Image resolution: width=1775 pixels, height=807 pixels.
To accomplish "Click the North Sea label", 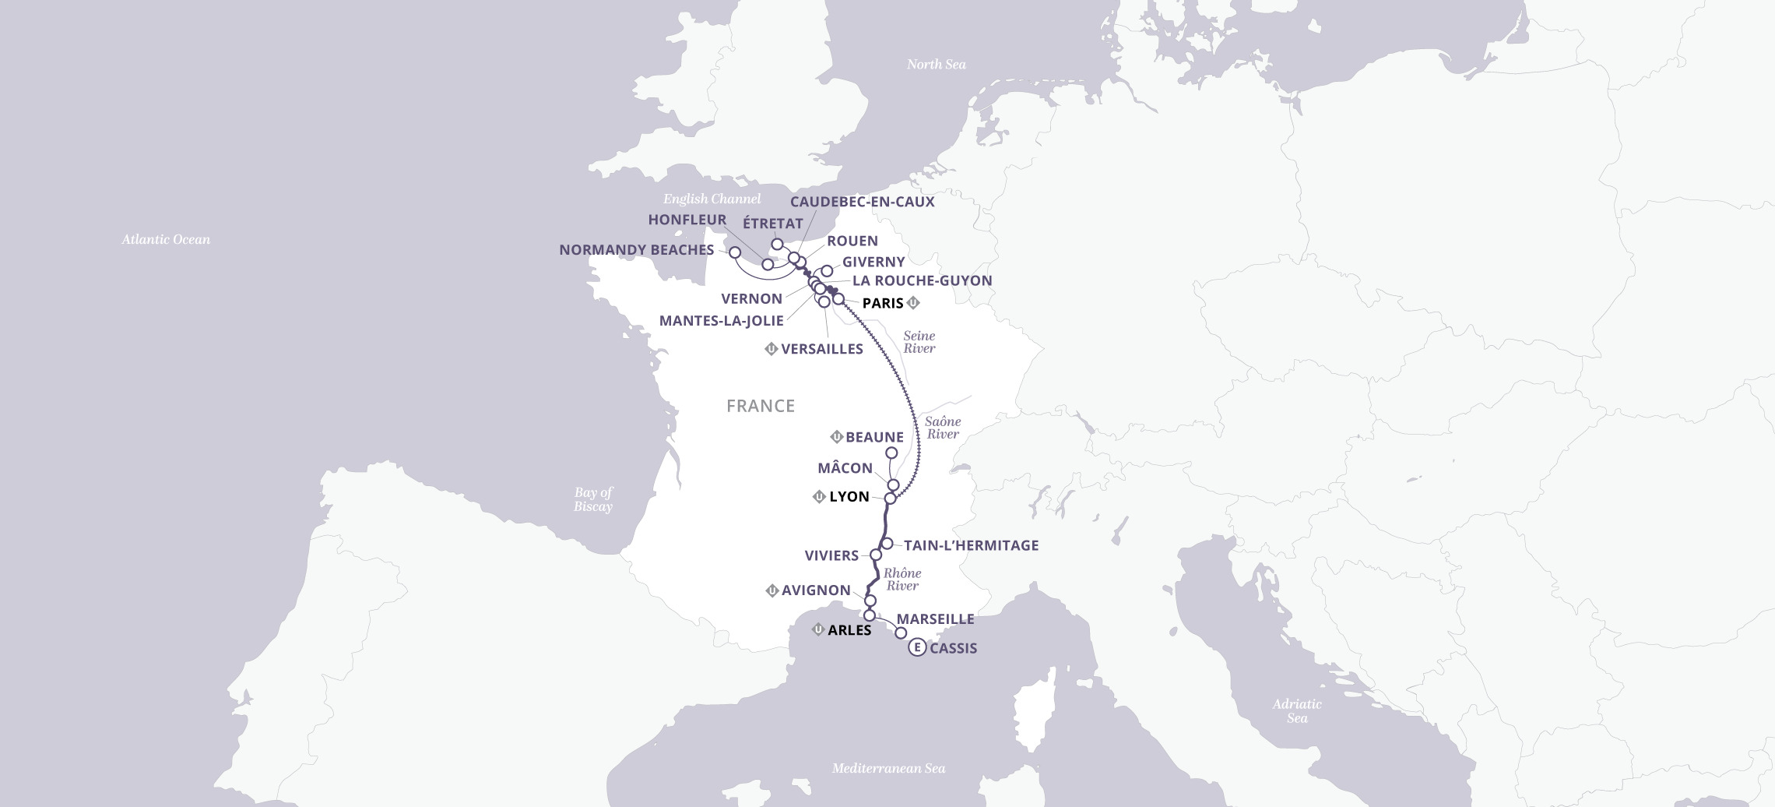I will coord(936,65).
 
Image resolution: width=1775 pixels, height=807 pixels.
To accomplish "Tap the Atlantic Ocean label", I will coord(166,240).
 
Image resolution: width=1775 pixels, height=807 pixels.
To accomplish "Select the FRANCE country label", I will coord(760,406).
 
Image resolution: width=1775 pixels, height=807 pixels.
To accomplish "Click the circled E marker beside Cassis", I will coord(917,648).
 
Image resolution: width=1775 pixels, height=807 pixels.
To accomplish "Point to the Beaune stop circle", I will coord(891,453).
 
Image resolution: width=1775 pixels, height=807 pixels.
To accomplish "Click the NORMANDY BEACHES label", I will coord(636,250).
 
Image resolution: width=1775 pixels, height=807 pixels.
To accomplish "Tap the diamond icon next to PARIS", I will coord(913,303).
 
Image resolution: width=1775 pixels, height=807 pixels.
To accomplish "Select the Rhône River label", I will coord(902,580).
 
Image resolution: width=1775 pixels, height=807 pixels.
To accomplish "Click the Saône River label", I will coord(943,428).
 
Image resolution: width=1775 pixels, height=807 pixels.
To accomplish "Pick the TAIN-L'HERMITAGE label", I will coord(971,546).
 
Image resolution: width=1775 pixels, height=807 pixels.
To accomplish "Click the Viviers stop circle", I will coord(875,555).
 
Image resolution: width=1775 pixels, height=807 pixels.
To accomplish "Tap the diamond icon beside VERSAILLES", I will coord(772,349).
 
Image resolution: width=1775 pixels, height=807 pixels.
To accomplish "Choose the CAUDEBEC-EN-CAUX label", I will coord(862,202).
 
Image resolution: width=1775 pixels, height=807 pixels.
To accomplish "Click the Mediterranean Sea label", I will coord(888,769).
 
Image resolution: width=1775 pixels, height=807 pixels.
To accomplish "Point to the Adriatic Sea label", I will coord(1296,711).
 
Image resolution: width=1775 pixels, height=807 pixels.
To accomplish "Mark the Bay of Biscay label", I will coord(592,499).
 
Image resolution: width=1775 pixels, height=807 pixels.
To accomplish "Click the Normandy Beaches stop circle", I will coord(734,252).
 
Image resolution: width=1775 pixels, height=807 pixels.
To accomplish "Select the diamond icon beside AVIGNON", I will coord(772,590).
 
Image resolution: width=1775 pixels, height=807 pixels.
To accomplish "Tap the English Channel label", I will coord(712,199).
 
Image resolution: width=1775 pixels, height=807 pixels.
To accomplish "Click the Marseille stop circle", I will coord(901,633).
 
